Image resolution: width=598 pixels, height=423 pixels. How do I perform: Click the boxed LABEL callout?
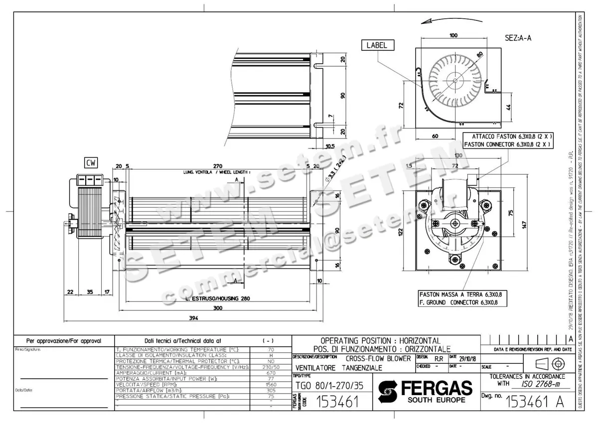377,45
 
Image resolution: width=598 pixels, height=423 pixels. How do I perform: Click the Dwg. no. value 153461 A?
535,402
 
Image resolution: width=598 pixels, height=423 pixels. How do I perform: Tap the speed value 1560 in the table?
271,384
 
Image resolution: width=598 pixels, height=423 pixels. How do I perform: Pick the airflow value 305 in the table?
271,390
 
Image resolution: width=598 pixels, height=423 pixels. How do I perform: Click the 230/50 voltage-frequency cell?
271,367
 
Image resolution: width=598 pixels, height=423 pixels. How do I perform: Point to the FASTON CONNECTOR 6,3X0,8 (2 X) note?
507,144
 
